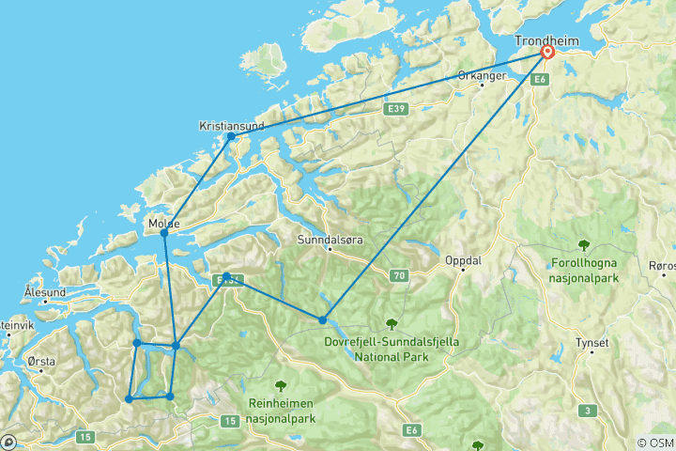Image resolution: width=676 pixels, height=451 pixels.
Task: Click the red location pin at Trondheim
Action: click(x=546, y=53)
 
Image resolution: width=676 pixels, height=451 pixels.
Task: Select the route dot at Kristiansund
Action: click(x=231, y=136)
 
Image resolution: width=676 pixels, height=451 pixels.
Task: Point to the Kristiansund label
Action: click(x=231, y=125)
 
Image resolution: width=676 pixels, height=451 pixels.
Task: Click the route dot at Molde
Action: click(x=164, y=232)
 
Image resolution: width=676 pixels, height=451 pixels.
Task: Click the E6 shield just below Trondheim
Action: click(x=539, y=81)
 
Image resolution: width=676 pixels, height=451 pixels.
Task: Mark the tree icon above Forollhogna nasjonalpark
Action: click(x=584, y=245)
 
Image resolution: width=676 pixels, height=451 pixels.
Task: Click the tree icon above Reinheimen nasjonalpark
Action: click(x=280, y=384)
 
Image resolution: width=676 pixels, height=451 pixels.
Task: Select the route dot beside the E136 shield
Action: click(x=226, y=276)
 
